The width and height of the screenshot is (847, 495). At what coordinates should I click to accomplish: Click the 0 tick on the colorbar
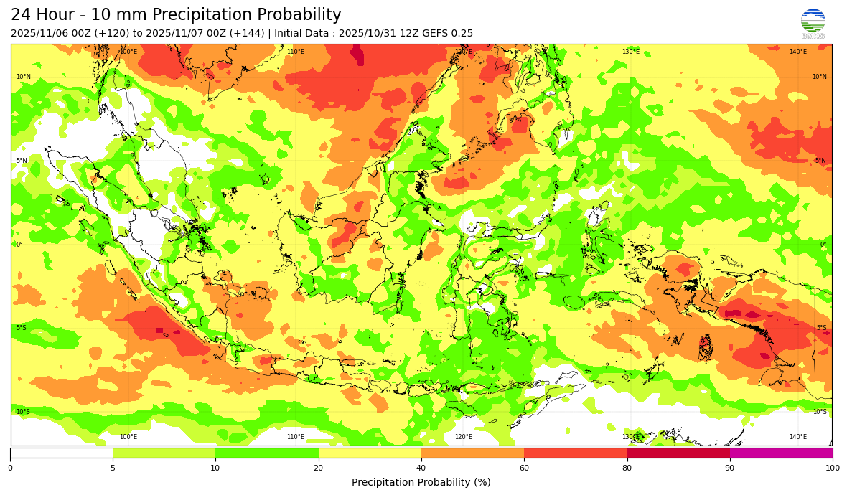10,468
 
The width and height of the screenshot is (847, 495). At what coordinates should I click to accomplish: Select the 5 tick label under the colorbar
113,468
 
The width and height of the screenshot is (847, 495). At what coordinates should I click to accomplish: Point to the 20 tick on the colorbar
319,468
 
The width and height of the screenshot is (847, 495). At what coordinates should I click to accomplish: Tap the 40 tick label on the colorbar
421,468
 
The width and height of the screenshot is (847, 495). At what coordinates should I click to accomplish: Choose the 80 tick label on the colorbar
627,468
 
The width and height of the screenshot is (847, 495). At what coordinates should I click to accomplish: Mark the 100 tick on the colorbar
832,468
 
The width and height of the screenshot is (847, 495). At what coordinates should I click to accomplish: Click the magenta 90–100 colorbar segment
781,453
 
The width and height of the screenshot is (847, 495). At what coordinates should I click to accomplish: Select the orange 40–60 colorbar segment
472,453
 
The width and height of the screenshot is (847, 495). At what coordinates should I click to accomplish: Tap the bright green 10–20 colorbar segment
267,453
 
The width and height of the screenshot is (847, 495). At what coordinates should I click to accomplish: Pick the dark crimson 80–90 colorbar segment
678,453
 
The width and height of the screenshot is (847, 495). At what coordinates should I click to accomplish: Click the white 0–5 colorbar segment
62,453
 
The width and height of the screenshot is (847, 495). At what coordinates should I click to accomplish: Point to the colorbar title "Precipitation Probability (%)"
421,482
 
